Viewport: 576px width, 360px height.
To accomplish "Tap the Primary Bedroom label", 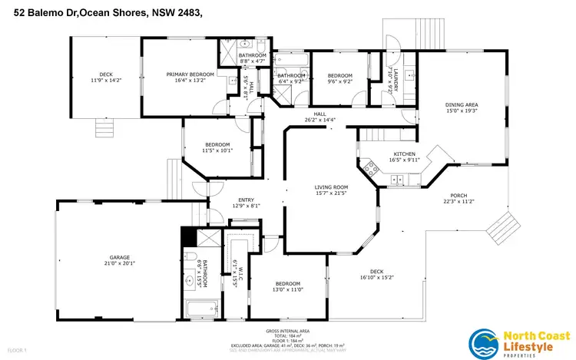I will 190,74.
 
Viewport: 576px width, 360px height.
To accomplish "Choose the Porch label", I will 458,195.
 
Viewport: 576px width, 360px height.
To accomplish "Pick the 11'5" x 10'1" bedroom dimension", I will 218,150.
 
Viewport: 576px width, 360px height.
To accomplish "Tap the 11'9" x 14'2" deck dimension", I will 105,80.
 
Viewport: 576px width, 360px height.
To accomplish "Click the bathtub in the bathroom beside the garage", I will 201,311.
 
